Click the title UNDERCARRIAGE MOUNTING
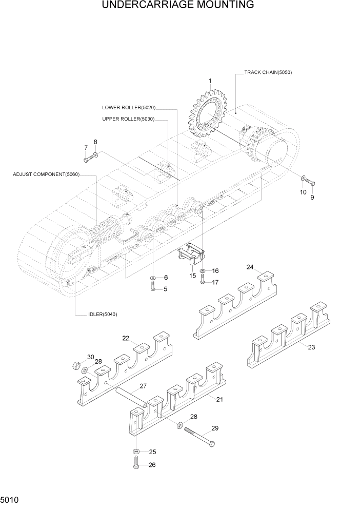(x=178, y=6)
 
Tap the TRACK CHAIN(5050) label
(x=268, y=72)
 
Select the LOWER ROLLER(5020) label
(x=129, y=108)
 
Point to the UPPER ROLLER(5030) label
(x=128, y=119)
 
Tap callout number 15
(x=193, y=276)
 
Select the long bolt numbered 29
(x=199, y=437)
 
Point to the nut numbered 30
(x=75, y=366)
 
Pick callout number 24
(x=250, y=267)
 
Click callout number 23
(x=311, y=347)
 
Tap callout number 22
(x=126, y=338)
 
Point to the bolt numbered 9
(x=310, y=183)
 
